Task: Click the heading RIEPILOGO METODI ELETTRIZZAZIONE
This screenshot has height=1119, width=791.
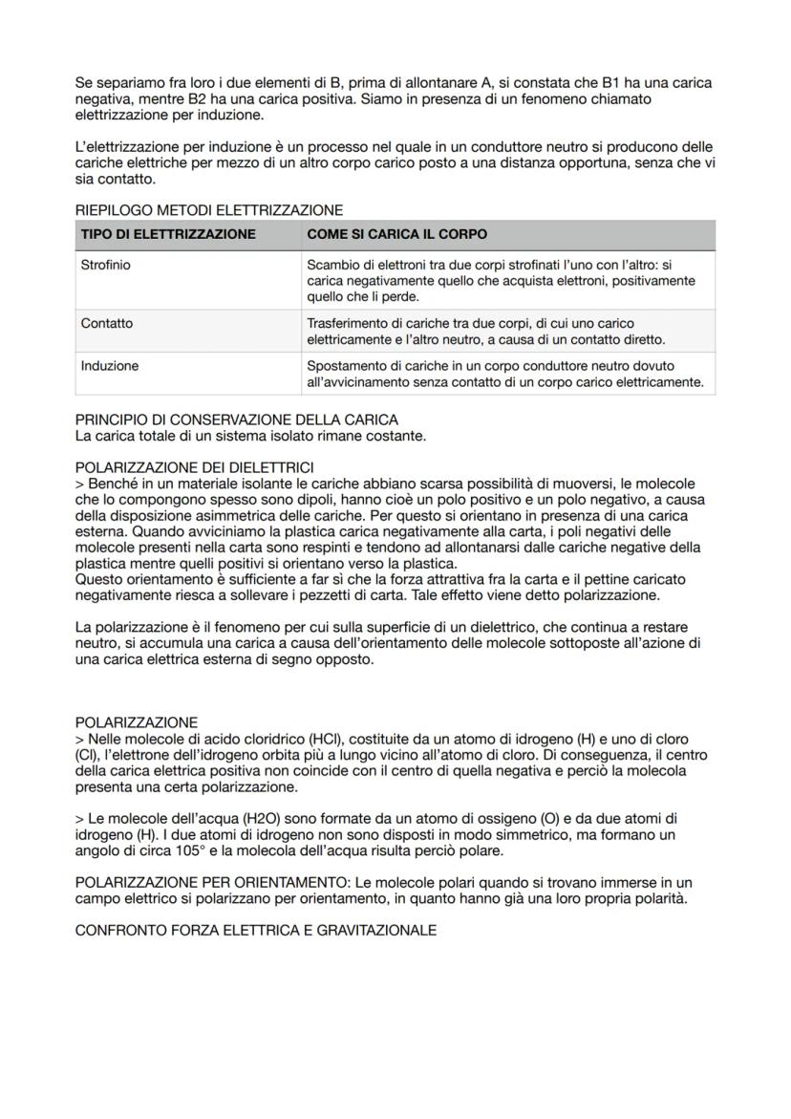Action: click(x=208, y=210)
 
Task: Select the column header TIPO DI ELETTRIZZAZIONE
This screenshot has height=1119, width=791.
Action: click(x=168, y=234)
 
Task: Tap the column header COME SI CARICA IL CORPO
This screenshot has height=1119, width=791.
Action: click(x=396, y=234)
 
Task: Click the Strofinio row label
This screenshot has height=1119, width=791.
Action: click(x=106, y=266)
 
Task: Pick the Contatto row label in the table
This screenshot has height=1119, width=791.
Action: click(x=107, y=323)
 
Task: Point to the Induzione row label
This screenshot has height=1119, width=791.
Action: click(x=110, y=366)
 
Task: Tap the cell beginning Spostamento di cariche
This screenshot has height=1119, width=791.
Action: click(x=504, y=375)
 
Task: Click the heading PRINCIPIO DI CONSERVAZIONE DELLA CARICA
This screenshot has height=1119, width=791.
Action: click(x=236, y=420)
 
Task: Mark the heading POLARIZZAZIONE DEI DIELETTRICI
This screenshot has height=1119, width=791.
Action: click(x=194, y=467)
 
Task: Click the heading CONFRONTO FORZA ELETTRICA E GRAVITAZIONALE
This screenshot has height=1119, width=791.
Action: click(x=255, y=930)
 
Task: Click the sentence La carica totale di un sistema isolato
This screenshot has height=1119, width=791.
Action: click(x=250, y=436)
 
